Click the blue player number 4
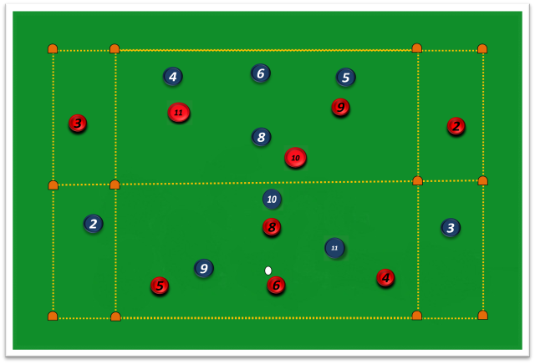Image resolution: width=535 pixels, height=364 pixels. (x=173, y=76)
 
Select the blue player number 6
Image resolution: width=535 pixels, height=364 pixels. (x=261, y=73)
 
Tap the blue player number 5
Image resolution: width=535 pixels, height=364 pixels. (x=345, y=78)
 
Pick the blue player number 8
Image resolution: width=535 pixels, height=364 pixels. (x=262, y=137)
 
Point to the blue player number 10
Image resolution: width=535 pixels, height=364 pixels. (x=272, y=199)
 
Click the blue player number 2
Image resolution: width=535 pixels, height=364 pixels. (x=93, y=224)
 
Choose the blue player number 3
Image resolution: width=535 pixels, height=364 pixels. (x=451, y=228)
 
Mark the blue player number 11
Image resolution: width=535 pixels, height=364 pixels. (x=334, y=248)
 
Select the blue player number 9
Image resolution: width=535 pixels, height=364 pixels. (x=204, y=268)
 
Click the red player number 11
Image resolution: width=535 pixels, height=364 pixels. (x=179, y=113)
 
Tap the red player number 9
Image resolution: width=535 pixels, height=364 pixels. (x=340, y=108)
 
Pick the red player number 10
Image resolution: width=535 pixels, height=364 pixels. (x=295, y=158)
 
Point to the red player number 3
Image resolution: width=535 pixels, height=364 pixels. (x=78, y=123)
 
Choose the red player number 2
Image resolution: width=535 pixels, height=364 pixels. (x=456, y=126)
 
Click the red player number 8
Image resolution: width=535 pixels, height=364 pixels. (x=272, y=227)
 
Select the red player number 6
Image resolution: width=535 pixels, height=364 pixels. (x=276, y=286)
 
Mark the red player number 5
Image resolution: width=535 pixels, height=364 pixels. (x=160, y=286)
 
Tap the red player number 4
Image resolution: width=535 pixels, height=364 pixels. (x=385, y=278)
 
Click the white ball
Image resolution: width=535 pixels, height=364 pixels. (x=268, y=270)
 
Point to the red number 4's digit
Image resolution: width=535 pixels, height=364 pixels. (x=385, y=278)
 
